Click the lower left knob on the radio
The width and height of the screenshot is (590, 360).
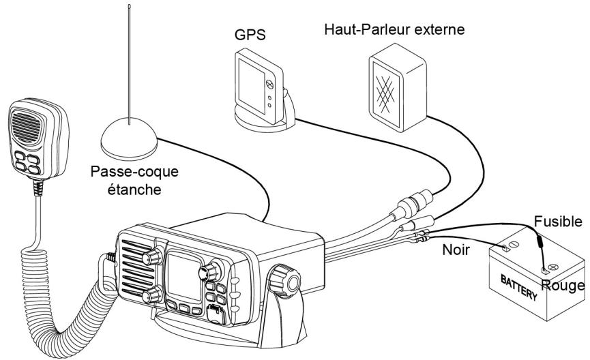tap(151, 295)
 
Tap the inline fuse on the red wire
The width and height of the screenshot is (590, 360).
tap(538, 242)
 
